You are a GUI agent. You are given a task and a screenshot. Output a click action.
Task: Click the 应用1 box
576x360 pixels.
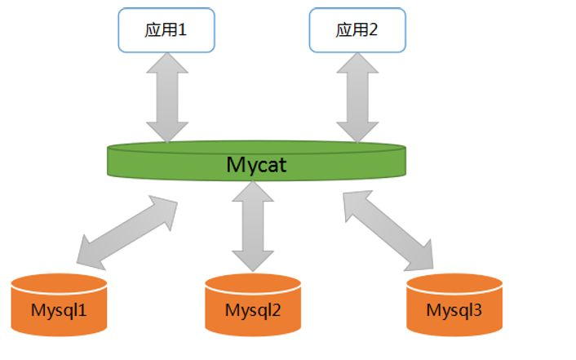(x=167, y=29)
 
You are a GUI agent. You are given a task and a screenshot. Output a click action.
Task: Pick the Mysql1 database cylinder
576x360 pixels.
(x=59, y=305)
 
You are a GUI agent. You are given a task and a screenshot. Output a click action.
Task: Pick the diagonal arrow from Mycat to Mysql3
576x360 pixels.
(x=388, y=232)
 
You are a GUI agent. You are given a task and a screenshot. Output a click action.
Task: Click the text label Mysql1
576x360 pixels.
(x=59, y=311)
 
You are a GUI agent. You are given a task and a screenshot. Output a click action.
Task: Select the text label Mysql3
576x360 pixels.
(x=454, y=310)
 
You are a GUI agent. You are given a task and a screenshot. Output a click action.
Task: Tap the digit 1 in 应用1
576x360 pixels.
(x=184, y=30)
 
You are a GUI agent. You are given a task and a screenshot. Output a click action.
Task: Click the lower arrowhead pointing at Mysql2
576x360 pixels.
(x=251, y=260)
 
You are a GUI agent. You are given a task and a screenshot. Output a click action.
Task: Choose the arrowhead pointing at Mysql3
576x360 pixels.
(x=421, y=256)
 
